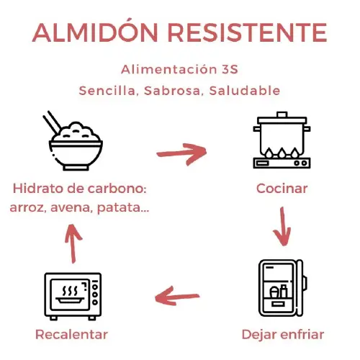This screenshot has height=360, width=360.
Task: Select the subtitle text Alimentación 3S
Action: click(180, 70)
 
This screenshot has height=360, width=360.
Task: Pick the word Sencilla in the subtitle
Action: click(109, 91)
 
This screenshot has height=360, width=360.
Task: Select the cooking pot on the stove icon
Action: click(282, 140)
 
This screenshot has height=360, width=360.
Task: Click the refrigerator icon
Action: click(282, 288)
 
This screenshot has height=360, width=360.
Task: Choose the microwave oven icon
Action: click(73, 296)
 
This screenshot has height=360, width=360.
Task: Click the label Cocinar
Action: click(282, 189)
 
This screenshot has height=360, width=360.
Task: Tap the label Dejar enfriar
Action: click(282, 335)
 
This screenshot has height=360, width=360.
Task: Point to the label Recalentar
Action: click(72, 335)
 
